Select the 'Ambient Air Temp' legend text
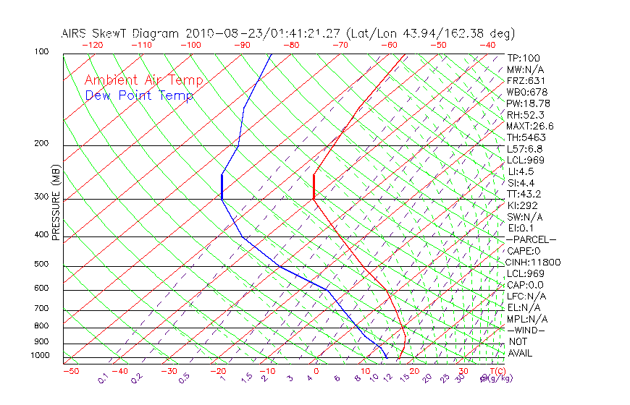143,80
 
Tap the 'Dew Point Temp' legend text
139,95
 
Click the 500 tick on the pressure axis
41,264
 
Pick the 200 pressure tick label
41,144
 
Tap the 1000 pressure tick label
40,356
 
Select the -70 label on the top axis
339,45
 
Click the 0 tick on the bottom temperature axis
316,371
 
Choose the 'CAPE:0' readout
523,251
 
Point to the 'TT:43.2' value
524,194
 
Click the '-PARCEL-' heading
531,239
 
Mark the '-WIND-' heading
526,330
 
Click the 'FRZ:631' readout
524,81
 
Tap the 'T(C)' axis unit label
496,371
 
